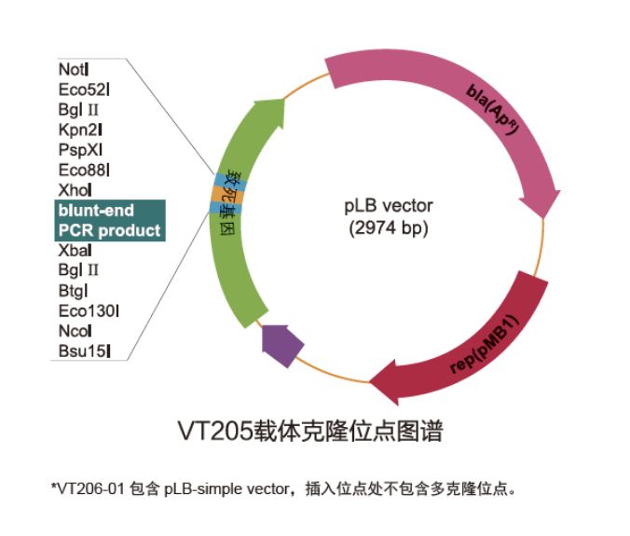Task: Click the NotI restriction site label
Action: [x=74, y=69]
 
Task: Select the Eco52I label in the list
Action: [x=84, y=89]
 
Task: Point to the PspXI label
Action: [x=79, y=149]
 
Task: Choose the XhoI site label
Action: [x=75, y=190]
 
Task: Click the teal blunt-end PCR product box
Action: [x=109, y=220]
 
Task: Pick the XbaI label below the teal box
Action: [x=75, y=251]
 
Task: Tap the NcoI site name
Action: [x=75, y=331]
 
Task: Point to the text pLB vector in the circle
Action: [x=390, y=205]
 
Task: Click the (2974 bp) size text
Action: [x=390, y=227]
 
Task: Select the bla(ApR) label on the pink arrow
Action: [x=500, y=116]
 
